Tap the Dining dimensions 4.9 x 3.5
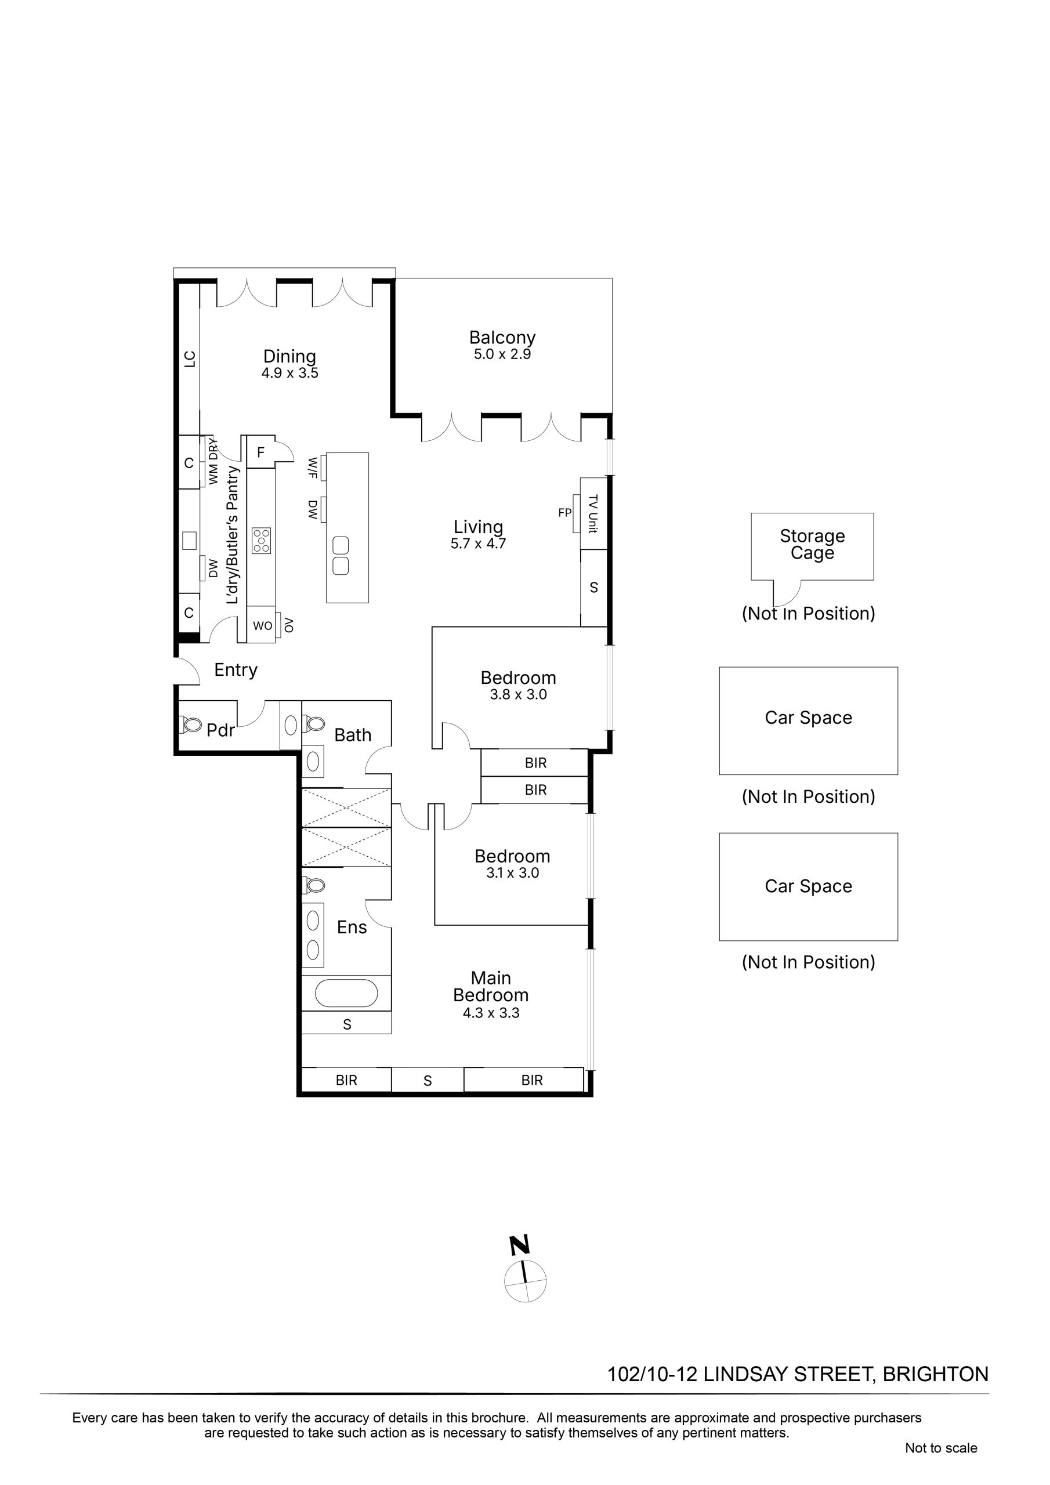[x=290, y=373]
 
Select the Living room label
[x=478, y=527]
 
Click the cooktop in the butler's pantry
[x=262, y=541]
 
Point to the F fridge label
[x=260, y=452]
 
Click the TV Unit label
[x=593, y=513]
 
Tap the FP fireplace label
[x=565, y=513]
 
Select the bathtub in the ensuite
[x=346, y=993]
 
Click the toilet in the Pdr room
[x=191, y=725]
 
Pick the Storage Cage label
[x=812, y=545]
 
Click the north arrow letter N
[x=520, y=1245]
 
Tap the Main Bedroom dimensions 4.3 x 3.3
[x=491, y=1013]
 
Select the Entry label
[x=236, y=670]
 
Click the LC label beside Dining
[x=190, y=359]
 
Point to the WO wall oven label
[x=262, y=626]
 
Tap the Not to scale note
[x=941, y=1448]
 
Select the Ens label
[x=352, y=928]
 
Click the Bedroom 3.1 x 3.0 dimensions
[x=512, y=873]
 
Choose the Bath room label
[x=353, y=735]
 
